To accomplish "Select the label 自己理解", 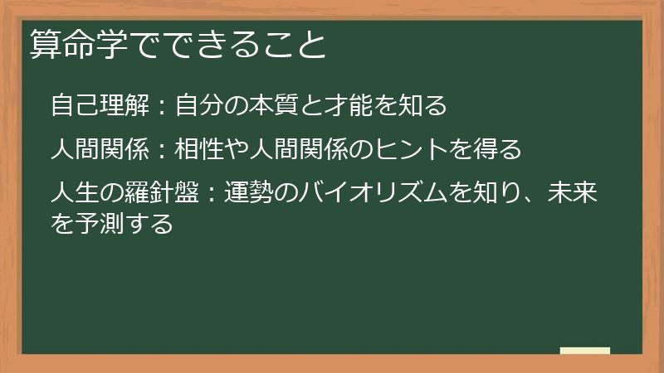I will pos(100,106).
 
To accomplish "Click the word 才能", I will pos(375,106).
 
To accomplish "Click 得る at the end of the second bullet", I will pos(497,150).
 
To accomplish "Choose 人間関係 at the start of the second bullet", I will pos(100,150).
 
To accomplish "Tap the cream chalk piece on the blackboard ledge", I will pos(585,351).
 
